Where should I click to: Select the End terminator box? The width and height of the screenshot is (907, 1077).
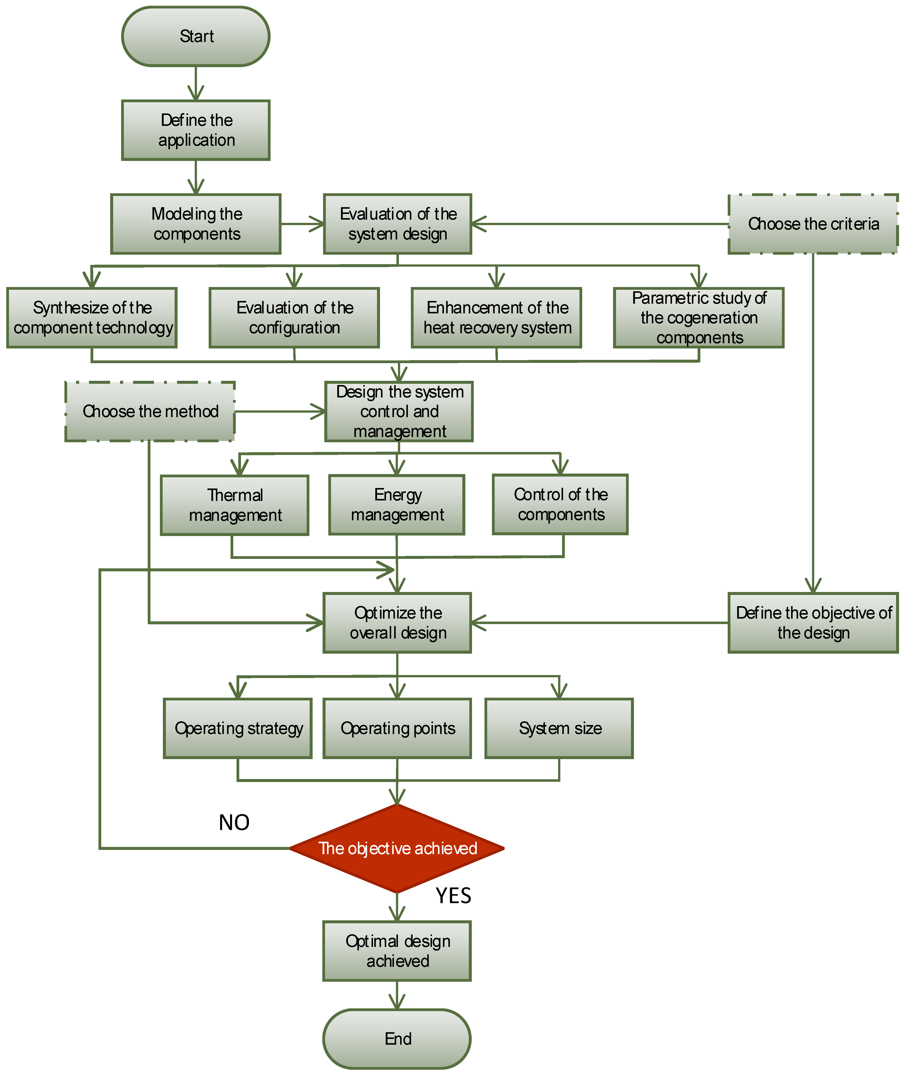click(397, 1038)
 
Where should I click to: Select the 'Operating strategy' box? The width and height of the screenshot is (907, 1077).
click(238, 728)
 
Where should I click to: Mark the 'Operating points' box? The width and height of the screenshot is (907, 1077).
click(397, 728)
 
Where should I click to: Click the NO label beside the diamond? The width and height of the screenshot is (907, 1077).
click(234, 822)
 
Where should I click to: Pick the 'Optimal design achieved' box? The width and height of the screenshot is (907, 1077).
click(397, 951)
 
